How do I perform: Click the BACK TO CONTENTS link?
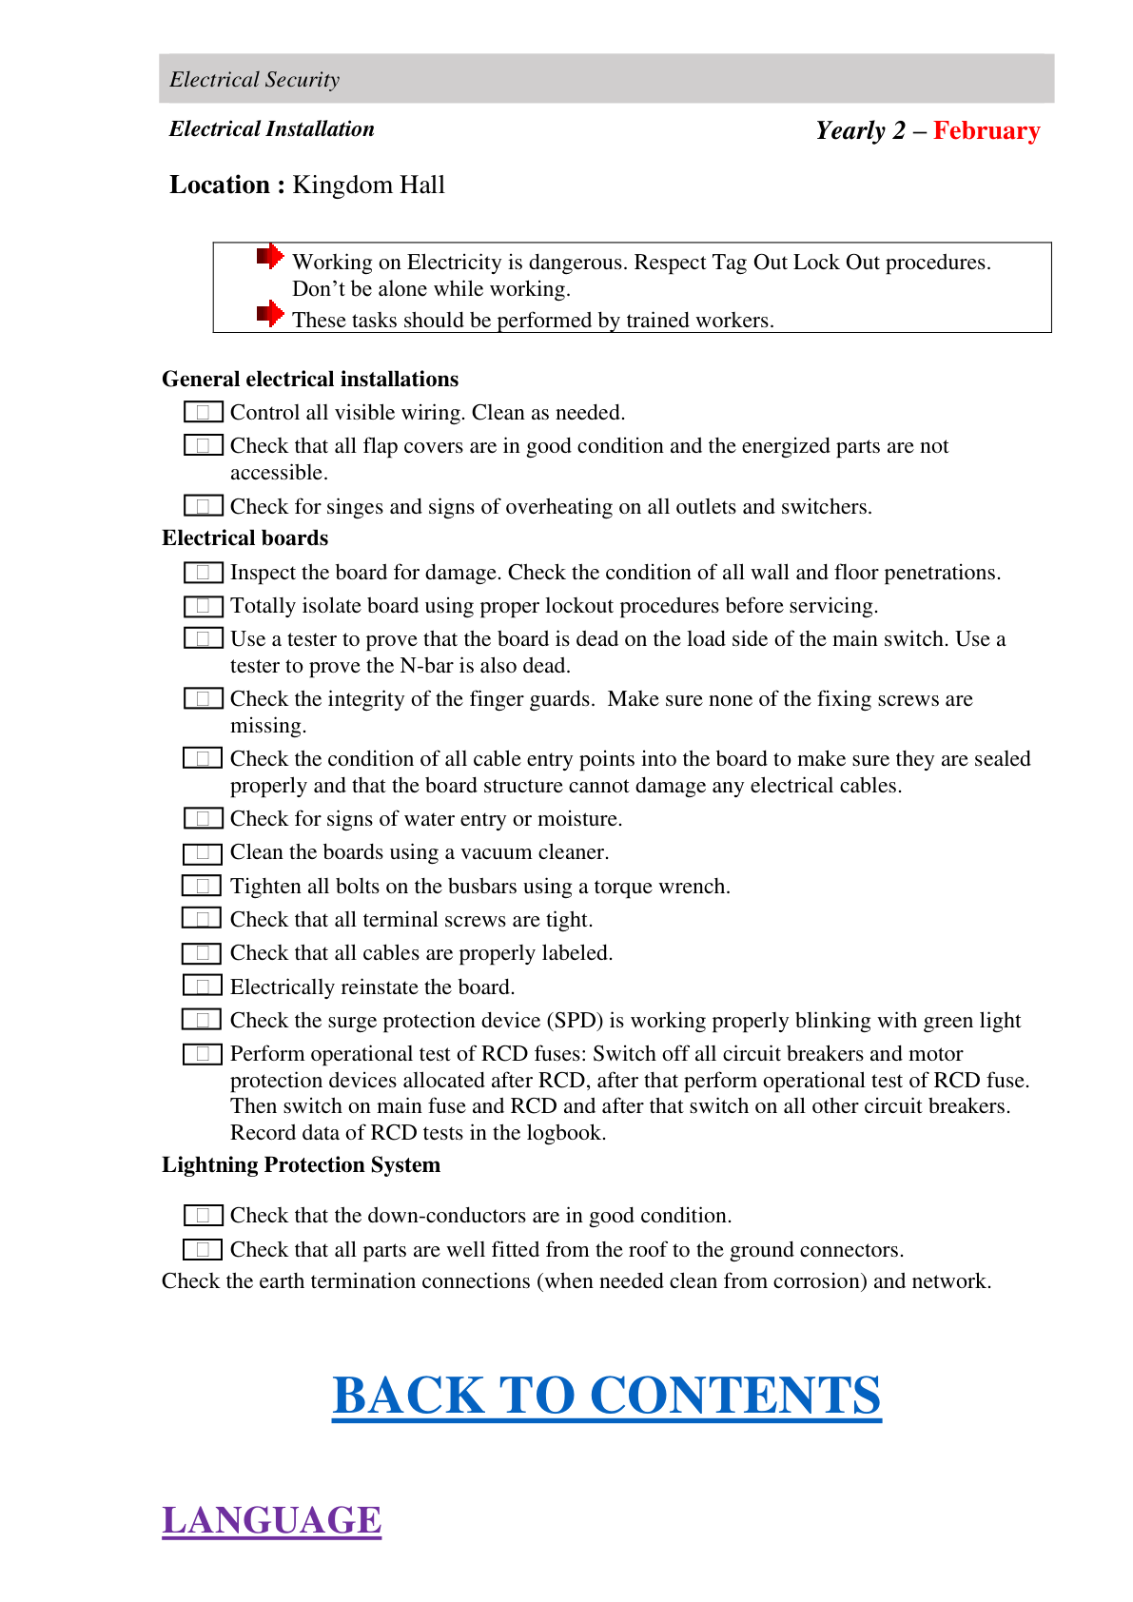tap(606, 1396)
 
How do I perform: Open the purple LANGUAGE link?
tap(271, 1520)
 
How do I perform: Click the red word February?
tap(986, 130)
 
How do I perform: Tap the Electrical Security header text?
tap(254, 80)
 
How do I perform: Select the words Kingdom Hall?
tap(368, 185)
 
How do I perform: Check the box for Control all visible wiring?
tap(203, 412)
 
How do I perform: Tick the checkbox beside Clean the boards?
tap(203, 852)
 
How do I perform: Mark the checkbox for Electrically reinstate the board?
tap(203, 987)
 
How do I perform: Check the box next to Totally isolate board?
tap(203, 606)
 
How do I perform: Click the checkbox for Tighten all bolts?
tap(203, 886)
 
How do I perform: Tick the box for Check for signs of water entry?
tap(203, 818)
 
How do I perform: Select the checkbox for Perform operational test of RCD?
tap(203, 1054)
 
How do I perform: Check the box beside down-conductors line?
tap(203, 1216)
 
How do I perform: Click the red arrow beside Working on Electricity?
tap(270, 256)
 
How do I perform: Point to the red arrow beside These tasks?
tap(270, 313)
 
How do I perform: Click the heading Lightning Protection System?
tap(301, 1165)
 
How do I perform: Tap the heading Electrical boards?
tap(244, 538)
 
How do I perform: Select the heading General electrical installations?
tap(310, 380)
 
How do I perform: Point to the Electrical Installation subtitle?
tap(271, 129)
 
